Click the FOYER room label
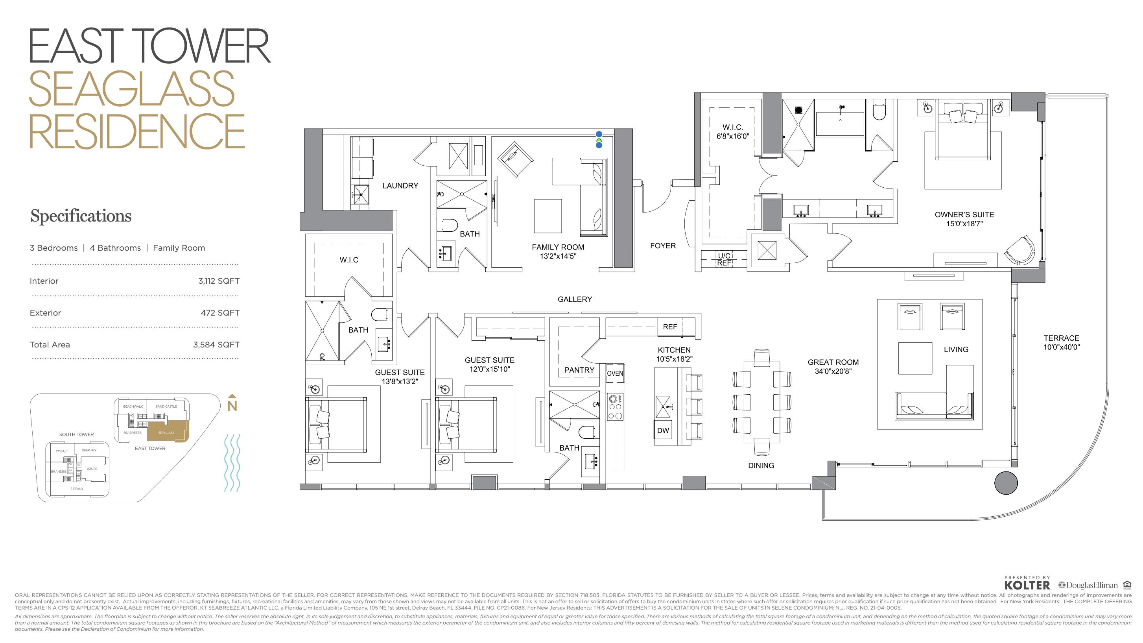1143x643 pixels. click(x=662, y=246)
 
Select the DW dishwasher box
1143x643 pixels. click(x=663, y=430)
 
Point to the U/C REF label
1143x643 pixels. click(x=724, y=259)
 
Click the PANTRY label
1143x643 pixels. click(x=579, y=370)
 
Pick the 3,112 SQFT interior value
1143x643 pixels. click(x=219, y=281)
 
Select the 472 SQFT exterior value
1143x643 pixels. click(x=220, y=312)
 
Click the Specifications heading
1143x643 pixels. click(x=81, y=216)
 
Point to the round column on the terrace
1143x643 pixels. click(x=1005, y=483)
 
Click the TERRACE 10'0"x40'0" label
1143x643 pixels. click(x=1061, y=342)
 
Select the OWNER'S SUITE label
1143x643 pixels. click(x=964, y=219)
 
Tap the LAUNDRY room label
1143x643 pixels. click(x=400, y=186)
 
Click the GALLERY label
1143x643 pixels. click(x=575, y=299)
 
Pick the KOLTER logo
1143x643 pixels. click(x=1027, y=585)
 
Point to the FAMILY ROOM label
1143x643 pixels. click(x=558, y=251)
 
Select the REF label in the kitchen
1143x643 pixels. click(x=669, y=327)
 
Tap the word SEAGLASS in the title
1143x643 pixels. click(x=131, y=89)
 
